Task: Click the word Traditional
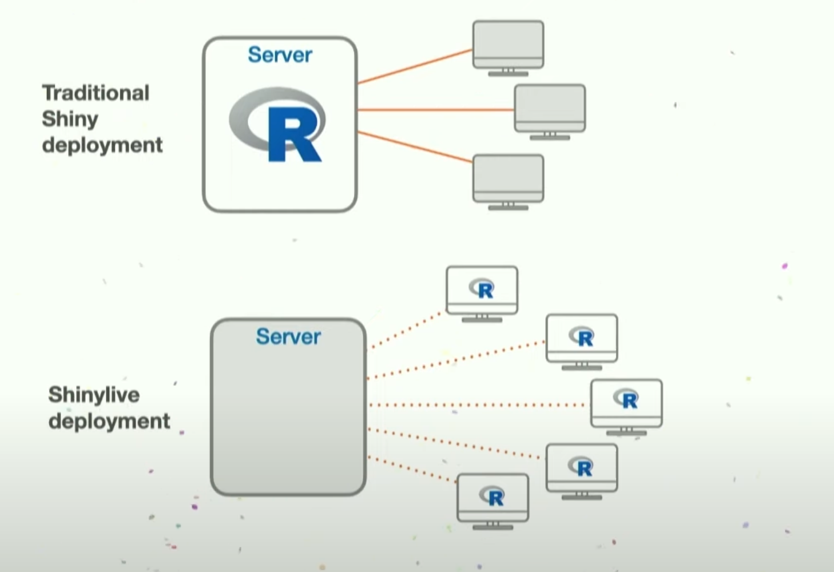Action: pos(96,93)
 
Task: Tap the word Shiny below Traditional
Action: pos(70,119)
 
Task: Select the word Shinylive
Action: pos(94,395)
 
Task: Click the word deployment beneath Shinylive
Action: pos(109,421)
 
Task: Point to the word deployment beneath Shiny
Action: pos(102,145)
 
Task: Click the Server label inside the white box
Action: pos(280,55)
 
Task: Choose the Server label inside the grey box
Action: pos(288,336)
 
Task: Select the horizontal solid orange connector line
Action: pos(435,109)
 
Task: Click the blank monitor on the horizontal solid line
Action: pos(550,108)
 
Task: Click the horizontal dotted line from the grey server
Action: pos(475,405)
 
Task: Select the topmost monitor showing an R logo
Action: pos(482,290)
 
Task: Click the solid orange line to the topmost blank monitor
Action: pos(415,66)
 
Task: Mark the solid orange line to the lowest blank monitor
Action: pos(415,147)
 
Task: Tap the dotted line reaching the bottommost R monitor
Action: pos(412,469)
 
